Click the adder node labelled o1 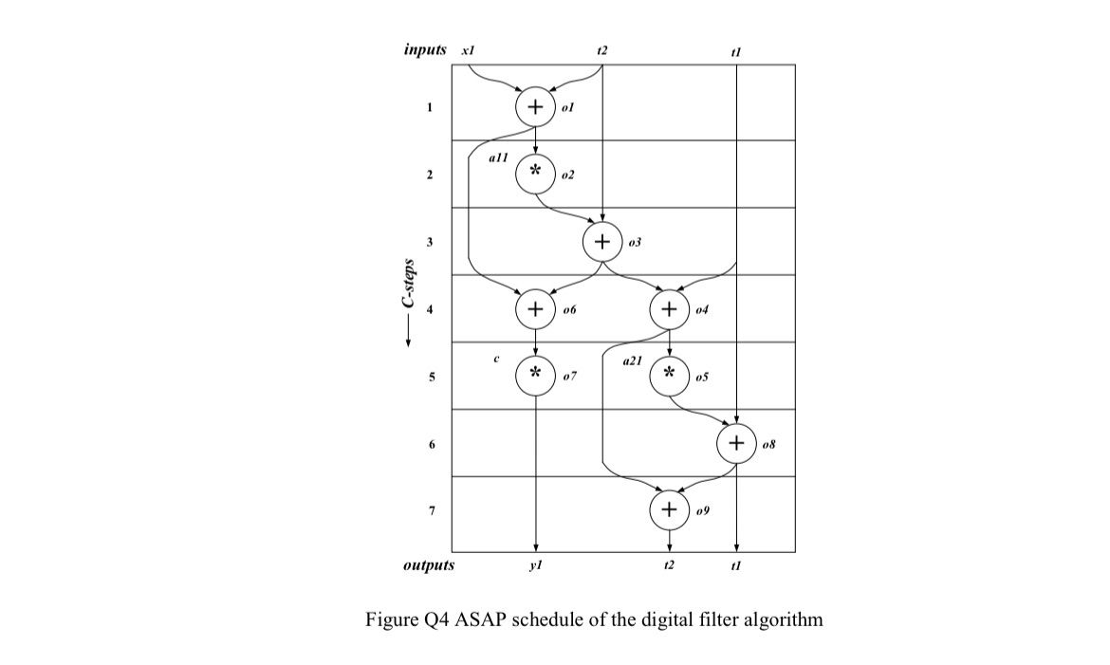536,107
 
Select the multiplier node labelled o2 536,174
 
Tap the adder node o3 602,242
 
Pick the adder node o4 670,308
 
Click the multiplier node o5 670,376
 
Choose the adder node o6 536,308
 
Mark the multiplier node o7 536,376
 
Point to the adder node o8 737,443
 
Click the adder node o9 670,510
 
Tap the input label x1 468,49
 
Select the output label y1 536,565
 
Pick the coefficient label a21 632,361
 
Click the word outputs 429,565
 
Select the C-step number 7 431,511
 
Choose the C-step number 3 431,243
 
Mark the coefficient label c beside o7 496,360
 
